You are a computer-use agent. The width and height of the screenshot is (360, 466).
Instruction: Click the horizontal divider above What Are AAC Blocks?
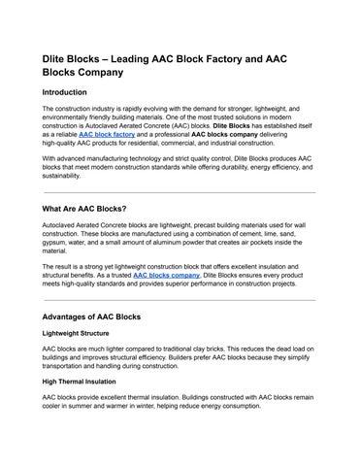(180, 192)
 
